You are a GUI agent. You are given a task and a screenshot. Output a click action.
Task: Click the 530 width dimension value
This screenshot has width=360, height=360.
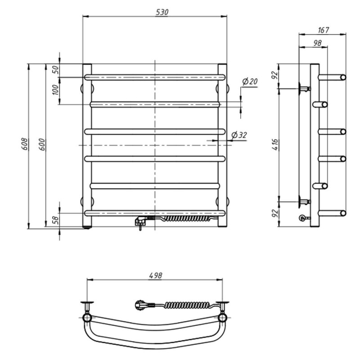162,12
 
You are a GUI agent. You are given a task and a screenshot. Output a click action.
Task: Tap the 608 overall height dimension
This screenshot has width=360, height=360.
24,144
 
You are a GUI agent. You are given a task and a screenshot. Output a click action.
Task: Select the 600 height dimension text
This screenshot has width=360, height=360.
42,144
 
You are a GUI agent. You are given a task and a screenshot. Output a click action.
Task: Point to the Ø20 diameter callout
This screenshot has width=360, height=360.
250,81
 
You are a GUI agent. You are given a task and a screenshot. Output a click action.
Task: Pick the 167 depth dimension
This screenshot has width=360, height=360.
323,30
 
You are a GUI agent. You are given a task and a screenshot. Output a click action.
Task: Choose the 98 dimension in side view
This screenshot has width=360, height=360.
317,43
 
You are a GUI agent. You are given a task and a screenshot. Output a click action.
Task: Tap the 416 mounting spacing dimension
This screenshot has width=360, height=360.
275,144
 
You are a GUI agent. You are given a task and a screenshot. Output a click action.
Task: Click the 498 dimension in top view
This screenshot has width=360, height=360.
155,275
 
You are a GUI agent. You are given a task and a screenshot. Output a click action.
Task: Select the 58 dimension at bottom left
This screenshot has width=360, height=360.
56,220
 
